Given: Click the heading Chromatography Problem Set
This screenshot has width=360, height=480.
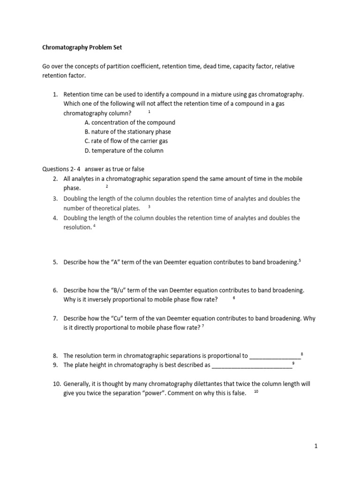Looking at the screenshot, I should click(x=82, y=47).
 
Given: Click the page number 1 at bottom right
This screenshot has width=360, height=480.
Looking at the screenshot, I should click(x=316, y=446).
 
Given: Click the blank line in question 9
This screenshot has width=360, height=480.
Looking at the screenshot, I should click(x=252, y=365).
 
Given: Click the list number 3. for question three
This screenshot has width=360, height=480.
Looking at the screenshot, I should click(x=55, y=199).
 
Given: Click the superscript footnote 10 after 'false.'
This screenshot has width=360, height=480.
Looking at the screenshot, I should click(x=256, y=391).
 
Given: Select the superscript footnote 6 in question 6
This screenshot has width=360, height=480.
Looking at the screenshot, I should click(x=233, y=298).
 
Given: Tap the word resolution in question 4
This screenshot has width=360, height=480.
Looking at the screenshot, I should click(x=77, y=227).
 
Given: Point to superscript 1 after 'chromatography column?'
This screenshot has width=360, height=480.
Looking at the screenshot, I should click(x=149, y=112).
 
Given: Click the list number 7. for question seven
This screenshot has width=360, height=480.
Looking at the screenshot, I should click(x=55, y=318).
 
